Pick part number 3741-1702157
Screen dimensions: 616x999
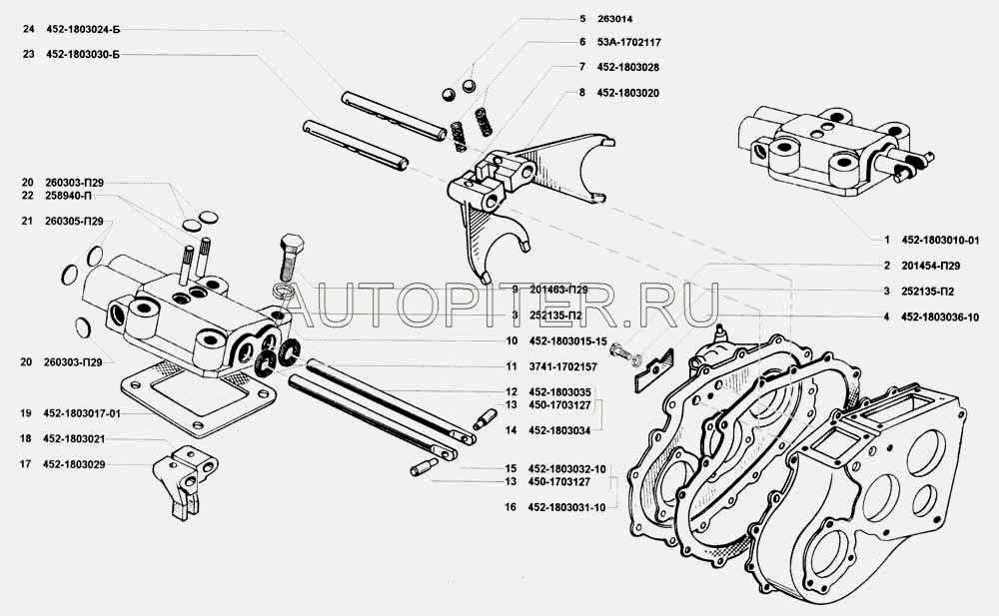pos(564,366)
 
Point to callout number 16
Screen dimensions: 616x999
pos(509,507)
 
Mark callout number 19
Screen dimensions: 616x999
pos(26,413)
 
